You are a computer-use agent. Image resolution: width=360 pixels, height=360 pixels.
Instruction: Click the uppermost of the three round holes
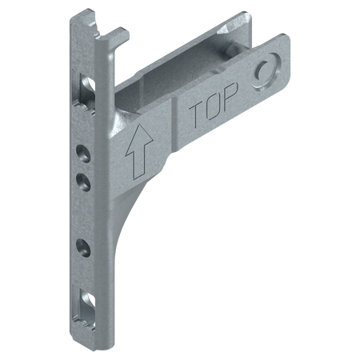83,154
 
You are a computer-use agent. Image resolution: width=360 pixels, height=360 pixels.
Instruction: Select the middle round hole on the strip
83,182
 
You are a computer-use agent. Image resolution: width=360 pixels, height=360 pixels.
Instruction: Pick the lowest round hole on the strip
83,248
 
